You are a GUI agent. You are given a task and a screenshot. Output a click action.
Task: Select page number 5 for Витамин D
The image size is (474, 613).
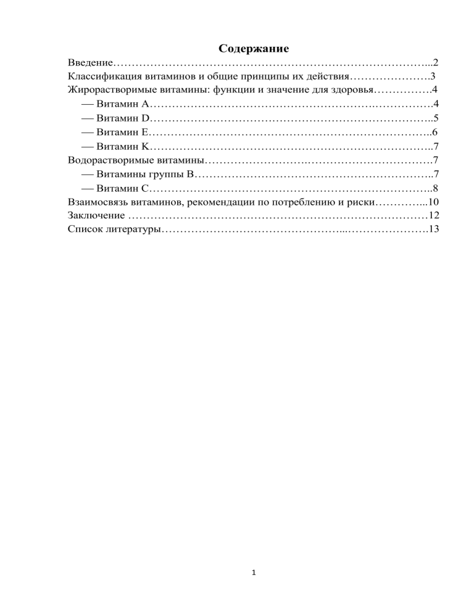435,118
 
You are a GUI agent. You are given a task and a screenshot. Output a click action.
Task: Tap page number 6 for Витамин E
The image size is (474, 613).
435,133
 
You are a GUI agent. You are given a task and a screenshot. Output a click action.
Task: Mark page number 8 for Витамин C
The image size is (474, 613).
435,189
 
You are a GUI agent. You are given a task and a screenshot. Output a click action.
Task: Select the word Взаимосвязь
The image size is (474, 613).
98,203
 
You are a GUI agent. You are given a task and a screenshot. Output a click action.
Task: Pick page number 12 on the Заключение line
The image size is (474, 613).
432,216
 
